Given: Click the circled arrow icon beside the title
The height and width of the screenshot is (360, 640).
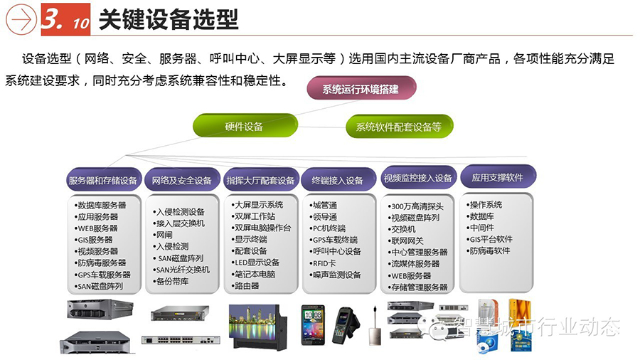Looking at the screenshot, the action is coord(21,19).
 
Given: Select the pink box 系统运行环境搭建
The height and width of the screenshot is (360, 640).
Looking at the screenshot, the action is coord(361,88).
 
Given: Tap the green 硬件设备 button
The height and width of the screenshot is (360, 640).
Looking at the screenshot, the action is coord(245,126).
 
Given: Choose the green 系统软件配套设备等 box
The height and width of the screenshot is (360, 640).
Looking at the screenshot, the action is coord(399,127).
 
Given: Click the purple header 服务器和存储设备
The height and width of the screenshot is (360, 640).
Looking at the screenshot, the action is coord(104,179).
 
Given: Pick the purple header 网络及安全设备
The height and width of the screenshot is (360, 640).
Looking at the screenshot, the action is coord(182,179).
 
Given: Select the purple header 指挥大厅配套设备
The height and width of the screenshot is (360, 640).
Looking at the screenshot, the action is coord(261,179).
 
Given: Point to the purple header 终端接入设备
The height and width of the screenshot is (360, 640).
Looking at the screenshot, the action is coord(338,179).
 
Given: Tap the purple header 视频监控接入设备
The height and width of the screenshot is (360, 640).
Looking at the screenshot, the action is coord(418,178).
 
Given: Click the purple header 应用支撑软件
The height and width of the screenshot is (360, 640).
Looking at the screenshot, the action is coord(498,176).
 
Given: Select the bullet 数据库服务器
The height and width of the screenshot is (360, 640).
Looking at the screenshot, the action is coord(100,205).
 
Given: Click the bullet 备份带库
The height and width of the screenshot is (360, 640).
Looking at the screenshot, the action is coord(171,281).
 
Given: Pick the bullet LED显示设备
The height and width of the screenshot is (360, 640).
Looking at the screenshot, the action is coord(255,262).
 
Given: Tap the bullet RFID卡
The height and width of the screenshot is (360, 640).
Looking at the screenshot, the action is coord(322,263).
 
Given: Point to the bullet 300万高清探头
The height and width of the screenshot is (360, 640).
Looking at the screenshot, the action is coord(415,206).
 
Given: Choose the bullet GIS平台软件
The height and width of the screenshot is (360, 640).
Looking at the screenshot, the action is coord(489,239).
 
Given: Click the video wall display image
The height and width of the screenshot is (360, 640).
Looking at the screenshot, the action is coord(257,327).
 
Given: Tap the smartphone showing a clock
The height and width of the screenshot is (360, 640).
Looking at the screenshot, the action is coord(313,324).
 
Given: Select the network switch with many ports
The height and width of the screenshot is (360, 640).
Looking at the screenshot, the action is coord(181,339).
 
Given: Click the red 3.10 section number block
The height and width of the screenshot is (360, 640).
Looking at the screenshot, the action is coord(65,19).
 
